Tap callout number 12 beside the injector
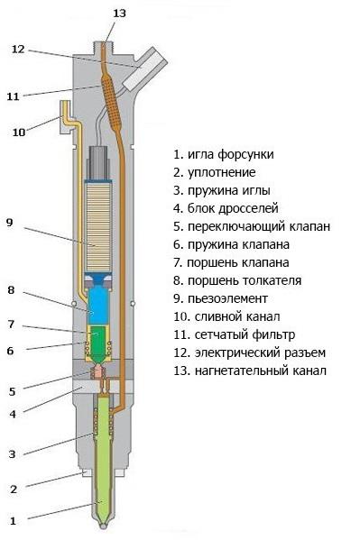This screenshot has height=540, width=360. (x=17, y=49)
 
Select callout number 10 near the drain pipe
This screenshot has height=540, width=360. (x=19, y=132)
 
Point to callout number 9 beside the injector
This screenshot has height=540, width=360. (x=10, y=221)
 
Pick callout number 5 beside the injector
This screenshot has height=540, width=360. (x=13, y=390)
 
